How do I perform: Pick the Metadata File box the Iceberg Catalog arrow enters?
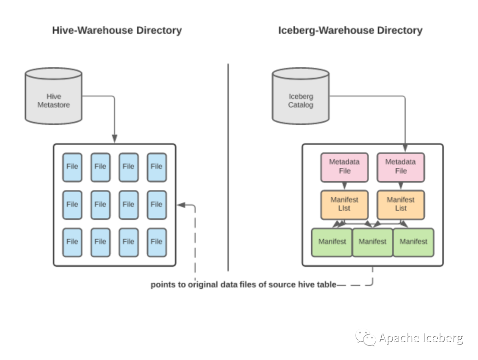(x=401, y=167)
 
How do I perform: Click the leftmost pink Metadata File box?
(x=344, y=167)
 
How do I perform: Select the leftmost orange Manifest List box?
(x=344, y=205)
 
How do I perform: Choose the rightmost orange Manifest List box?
(x=401, y=205)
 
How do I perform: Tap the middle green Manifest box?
(x=373, y=242)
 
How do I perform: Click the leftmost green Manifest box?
(x=332, y=242)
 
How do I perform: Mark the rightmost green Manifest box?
(x=413, y=242)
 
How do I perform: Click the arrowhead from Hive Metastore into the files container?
(x=115, y=139)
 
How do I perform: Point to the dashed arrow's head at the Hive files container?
(x=180, y=205)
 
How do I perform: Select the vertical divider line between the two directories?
(x=228, y=168)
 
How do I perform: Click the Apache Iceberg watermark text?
(x=421, y=339)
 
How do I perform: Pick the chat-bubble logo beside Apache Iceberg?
(x=366, y=339)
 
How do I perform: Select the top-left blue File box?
(x=72, y=167)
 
